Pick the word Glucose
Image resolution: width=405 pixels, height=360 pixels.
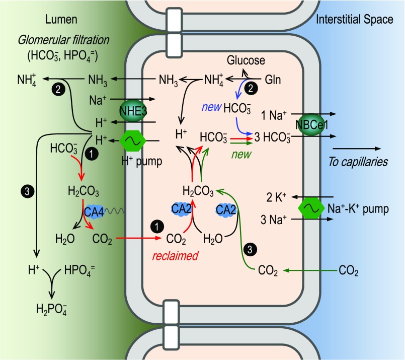click(x=245, y=61)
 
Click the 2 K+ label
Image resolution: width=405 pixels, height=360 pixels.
click(x=275, y=196)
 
